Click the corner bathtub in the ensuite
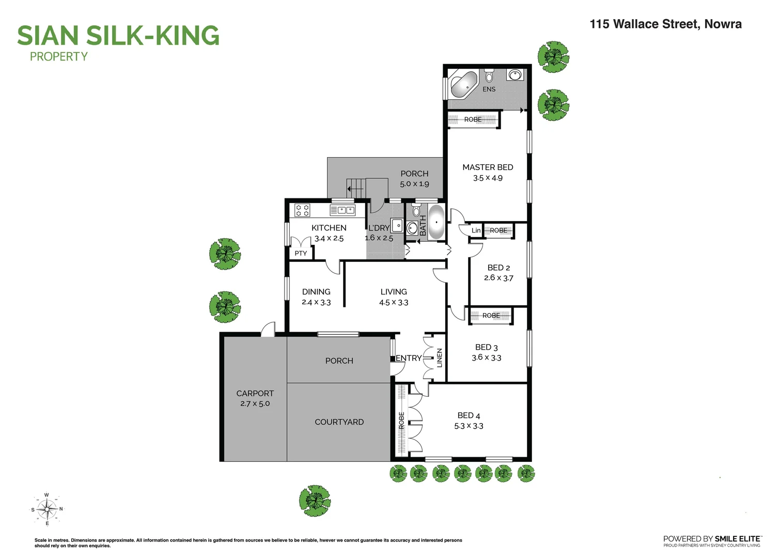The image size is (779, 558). tap(463, 85)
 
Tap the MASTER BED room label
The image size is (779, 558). tap(488, 167)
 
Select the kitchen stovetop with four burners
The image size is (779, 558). tap(302, 210)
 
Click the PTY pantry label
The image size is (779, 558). tap(301, 253)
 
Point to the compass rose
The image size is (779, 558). tap(47, 509)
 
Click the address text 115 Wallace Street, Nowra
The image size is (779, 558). tap(665, 24)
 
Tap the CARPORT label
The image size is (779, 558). tap(255, 393)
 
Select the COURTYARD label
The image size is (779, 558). tap(339, 422)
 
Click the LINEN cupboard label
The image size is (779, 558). tap(440, 358)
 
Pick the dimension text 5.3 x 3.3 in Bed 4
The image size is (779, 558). tap(469, 426)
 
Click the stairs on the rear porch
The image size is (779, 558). tap(356, 188)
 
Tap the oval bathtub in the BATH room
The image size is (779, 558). tap(437, 222)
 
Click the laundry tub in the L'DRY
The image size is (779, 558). tap(397, 225)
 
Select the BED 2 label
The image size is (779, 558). tap(498, 268)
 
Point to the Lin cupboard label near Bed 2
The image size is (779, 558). tap(476, 230)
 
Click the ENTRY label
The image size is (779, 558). tap(408, 358)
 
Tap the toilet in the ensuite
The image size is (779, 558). tap(489, 77)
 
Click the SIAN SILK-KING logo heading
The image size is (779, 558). tap(118, 36)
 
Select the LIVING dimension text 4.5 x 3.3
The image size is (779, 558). tap(394, 303)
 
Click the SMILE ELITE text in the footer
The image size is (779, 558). tap(737, 538)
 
